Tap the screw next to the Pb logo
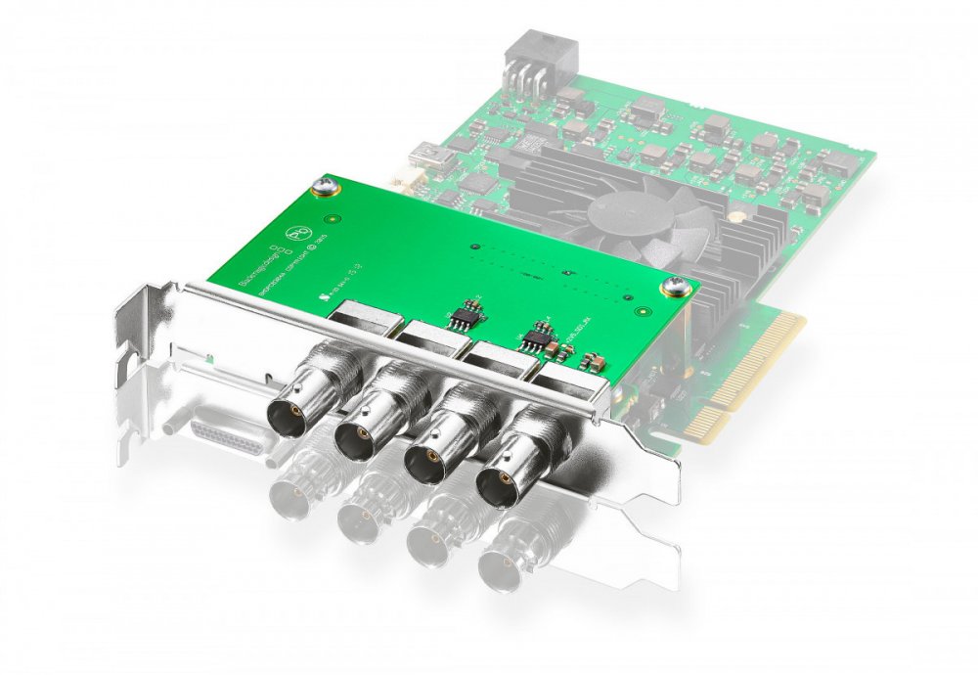click(324, 183)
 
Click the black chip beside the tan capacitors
click(534, 338)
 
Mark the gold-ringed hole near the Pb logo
click(333, 220)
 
